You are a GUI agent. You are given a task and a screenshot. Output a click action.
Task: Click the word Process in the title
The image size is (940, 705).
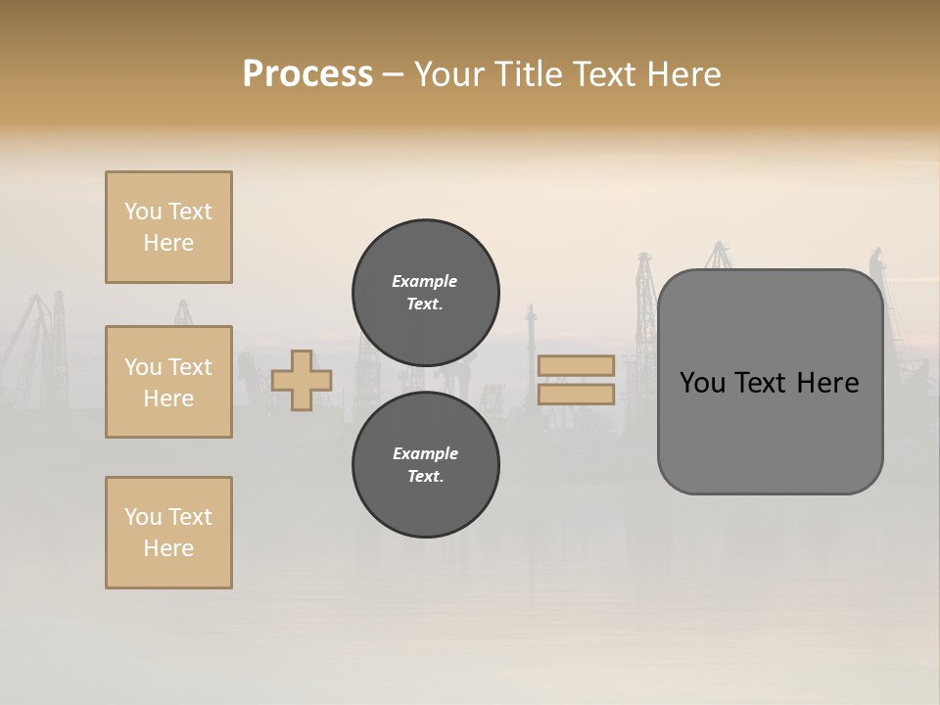coord(307,74)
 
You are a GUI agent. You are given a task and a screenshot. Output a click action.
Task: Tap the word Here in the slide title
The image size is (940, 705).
coord(682,74)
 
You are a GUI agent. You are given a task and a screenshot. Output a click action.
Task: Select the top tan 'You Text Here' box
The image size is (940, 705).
coord(168,227)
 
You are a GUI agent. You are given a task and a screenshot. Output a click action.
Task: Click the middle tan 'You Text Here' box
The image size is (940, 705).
coord(168,382)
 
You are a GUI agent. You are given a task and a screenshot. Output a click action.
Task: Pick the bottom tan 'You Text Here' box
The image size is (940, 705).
coord(168,533)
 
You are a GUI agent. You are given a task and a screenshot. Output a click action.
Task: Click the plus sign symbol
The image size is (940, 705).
coord(302,380)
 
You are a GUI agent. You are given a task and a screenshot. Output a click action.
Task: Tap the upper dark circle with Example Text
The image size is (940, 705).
coord(426,293)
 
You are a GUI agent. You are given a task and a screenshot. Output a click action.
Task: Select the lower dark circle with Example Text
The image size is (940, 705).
coord(426,465)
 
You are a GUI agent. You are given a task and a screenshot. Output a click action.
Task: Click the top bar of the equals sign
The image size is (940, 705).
coord(576,365)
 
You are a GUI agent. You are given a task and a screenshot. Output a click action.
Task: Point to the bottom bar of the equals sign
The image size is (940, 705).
coord(576,394)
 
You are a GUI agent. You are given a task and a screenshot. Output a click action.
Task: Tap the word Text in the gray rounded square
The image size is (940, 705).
coord(763,383)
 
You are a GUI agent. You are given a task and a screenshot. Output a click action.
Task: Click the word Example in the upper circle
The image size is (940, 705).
coord(424,281)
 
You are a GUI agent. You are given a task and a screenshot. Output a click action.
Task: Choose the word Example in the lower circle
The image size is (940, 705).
coord(425,453)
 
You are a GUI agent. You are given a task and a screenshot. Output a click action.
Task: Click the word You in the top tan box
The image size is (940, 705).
coord(143,211)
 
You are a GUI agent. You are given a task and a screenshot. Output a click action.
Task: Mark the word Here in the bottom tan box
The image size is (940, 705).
coord(168,548)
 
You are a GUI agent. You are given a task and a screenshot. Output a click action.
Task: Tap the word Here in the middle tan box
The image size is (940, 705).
coord(168,399)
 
